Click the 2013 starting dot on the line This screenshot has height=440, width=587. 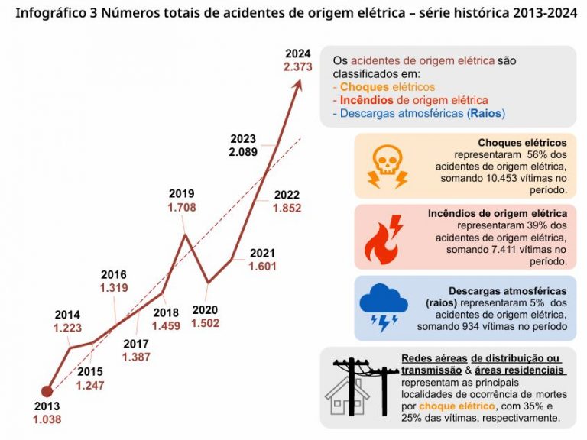pos(47,392)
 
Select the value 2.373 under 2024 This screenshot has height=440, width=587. pos(297,67)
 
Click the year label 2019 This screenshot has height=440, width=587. pos(182,193)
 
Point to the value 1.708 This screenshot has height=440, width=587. pos(182,207)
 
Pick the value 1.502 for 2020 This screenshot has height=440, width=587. pos(205,323)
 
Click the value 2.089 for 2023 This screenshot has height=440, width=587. pos(243,152)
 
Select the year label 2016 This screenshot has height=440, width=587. pos(113,274)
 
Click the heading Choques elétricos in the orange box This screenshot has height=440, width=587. pos(522,143)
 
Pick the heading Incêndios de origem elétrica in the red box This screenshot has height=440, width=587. pos(498,213)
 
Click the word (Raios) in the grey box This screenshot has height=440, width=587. pos(485,113)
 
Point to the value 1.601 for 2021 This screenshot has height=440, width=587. pos(262,267)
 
